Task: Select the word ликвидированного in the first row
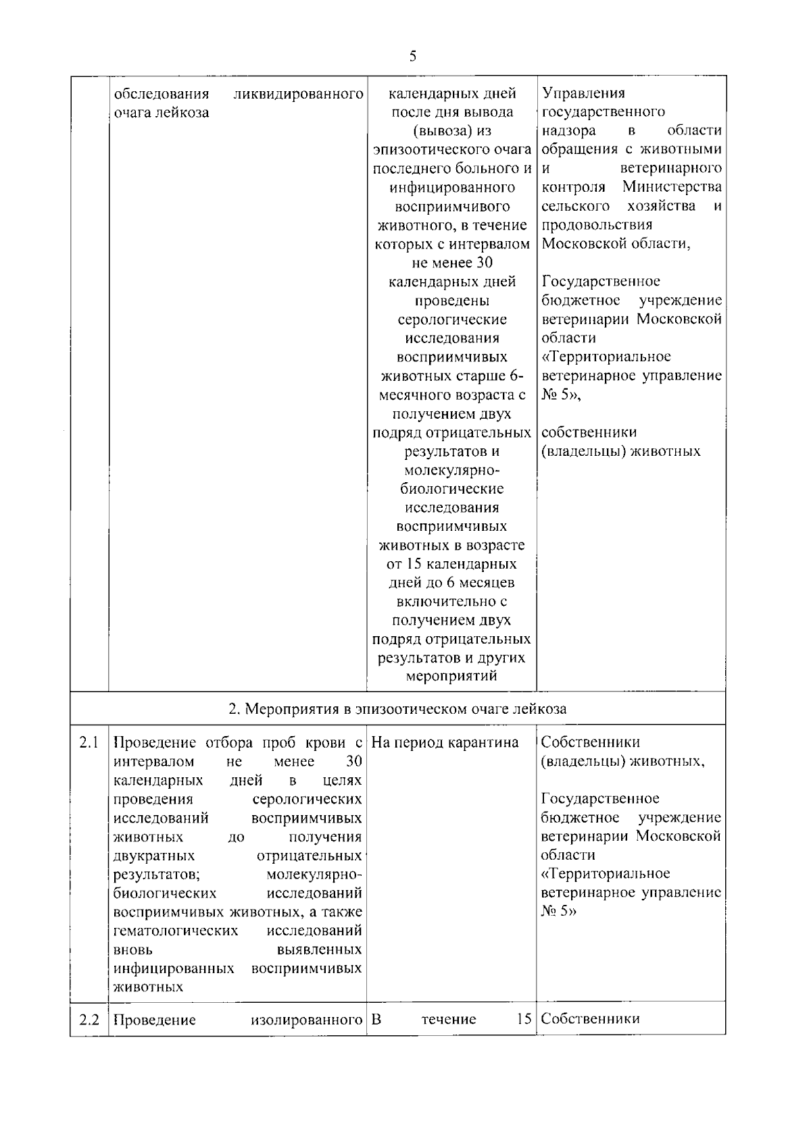click(x=298, y=93)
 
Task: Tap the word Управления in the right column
click(x=583, y=93)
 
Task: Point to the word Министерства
click(x=672, y=187)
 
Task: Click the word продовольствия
click(x=597, y=225)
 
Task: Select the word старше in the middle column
click(x=479, y=376)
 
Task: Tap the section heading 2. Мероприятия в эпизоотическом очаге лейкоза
click(x=397, y=709)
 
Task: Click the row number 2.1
click(x=89, y=744)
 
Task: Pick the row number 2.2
click(x=89, y=1020)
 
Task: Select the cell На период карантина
click(x=445, y=744)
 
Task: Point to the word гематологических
click(x=176, y=931)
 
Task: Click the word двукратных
click(x=154, y=856)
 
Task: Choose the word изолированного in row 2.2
click(x=306, y=1020)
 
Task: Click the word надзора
click(x=568, y=131)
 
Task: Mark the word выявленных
click(x=328, y=950)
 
